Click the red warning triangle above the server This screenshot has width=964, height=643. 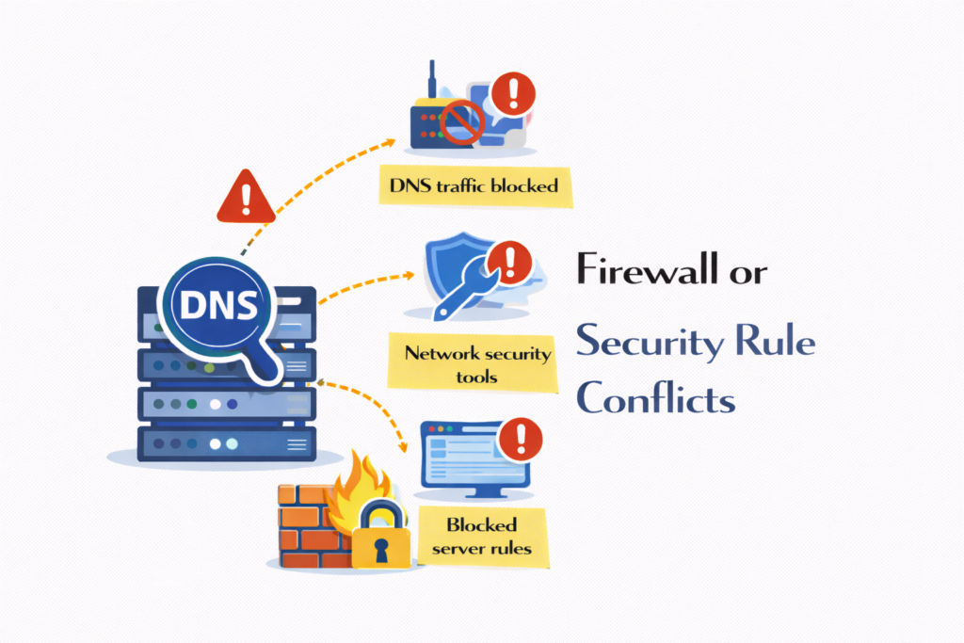(x=246, y=198)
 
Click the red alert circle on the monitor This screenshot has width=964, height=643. (x=520, y=437)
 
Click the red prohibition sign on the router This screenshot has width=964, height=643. (x=461, y=122)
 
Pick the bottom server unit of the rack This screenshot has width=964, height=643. (x=227, y=442)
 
